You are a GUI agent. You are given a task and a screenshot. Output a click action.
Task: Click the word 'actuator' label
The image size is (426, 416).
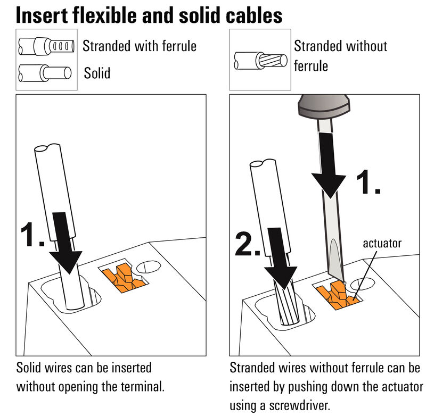[382, 244]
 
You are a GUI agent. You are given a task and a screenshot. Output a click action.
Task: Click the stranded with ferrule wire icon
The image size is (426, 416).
[48, 47]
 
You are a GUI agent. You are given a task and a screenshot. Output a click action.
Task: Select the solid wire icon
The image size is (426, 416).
[45, 72]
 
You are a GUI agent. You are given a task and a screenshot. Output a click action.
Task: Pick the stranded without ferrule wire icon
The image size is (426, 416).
[261, 61]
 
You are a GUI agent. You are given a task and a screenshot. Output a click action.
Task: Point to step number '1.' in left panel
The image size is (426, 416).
[32, 235]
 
